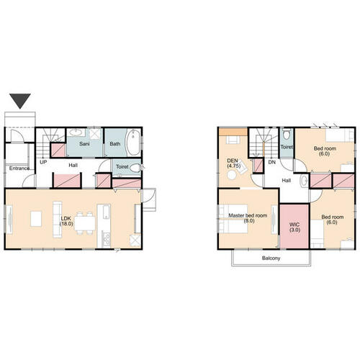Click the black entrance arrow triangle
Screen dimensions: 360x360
(20, 101)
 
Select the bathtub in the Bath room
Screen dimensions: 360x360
(133, 143)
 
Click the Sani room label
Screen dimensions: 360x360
(84, 144)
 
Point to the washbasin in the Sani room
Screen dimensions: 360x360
(76, 132)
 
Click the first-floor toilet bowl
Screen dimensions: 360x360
(135, 168)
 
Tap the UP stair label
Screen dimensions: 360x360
(43, 162)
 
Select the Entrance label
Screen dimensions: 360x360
(19, 168)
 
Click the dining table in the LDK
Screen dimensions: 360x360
(84, 223)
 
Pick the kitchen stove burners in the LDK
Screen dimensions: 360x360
(106, 239)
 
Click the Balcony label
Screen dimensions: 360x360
(271, 258)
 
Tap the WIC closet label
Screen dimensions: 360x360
(294, 228)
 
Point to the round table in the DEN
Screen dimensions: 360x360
(232, 175)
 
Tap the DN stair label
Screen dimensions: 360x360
(272, 162)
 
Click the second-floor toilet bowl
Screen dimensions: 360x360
(287, 134)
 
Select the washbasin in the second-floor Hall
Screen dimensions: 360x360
(304, 181)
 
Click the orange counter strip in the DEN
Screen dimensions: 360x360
(233, 132)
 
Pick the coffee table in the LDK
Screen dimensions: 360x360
(36, 219)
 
